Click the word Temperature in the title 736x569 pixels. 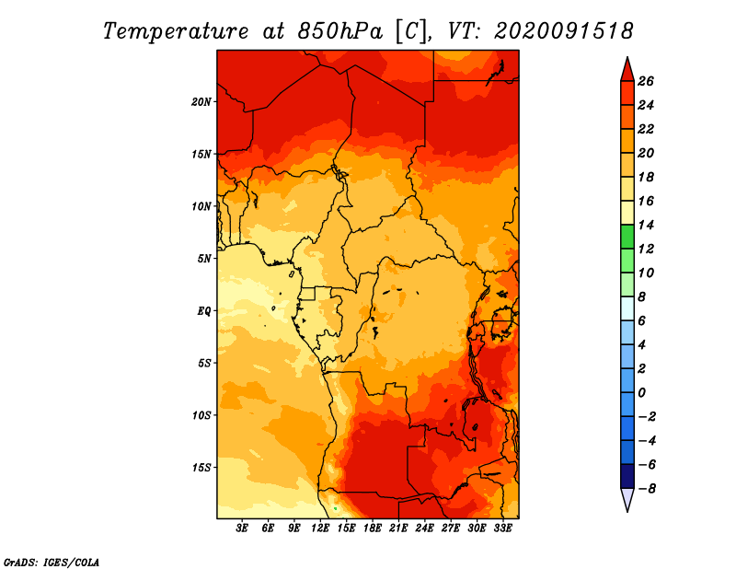click(176, 31)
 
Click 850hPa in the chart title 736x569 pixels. click(340, 31)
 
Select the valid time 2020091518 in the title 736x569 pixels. click(564, 31)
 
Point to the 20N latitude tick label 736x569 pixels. click(201, 102)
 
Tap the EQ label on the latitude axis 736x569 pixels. click(203, 311)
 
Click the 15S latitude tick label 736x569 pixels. click(201, 468)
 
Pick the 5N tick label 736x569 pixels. click(203, 259)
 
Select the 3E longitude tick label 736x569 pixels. click(242, 528)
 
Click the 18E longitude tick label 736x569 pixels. click(372, 528)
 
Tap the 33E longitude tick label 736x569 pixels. click(502, 528)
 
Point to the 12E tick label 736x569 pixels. click(319, 528)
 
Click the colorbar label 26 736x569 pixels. click(646, 82)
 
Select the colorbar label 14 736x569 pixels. click(646, 226)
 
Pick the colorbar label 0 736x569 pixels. click(641, 393)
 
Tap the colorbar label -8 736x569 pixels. click(647, 489)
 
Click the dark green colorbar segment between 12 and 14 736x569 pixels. click(627, 237)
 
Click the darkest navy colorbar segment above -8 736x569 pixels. click(627, 476)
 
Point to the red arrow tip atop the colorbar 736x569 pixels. click(627, 57)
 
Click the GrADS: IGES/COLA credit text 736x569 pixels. click(52, 563)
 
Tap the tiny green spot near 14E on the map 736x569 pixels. click(335, 508)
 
